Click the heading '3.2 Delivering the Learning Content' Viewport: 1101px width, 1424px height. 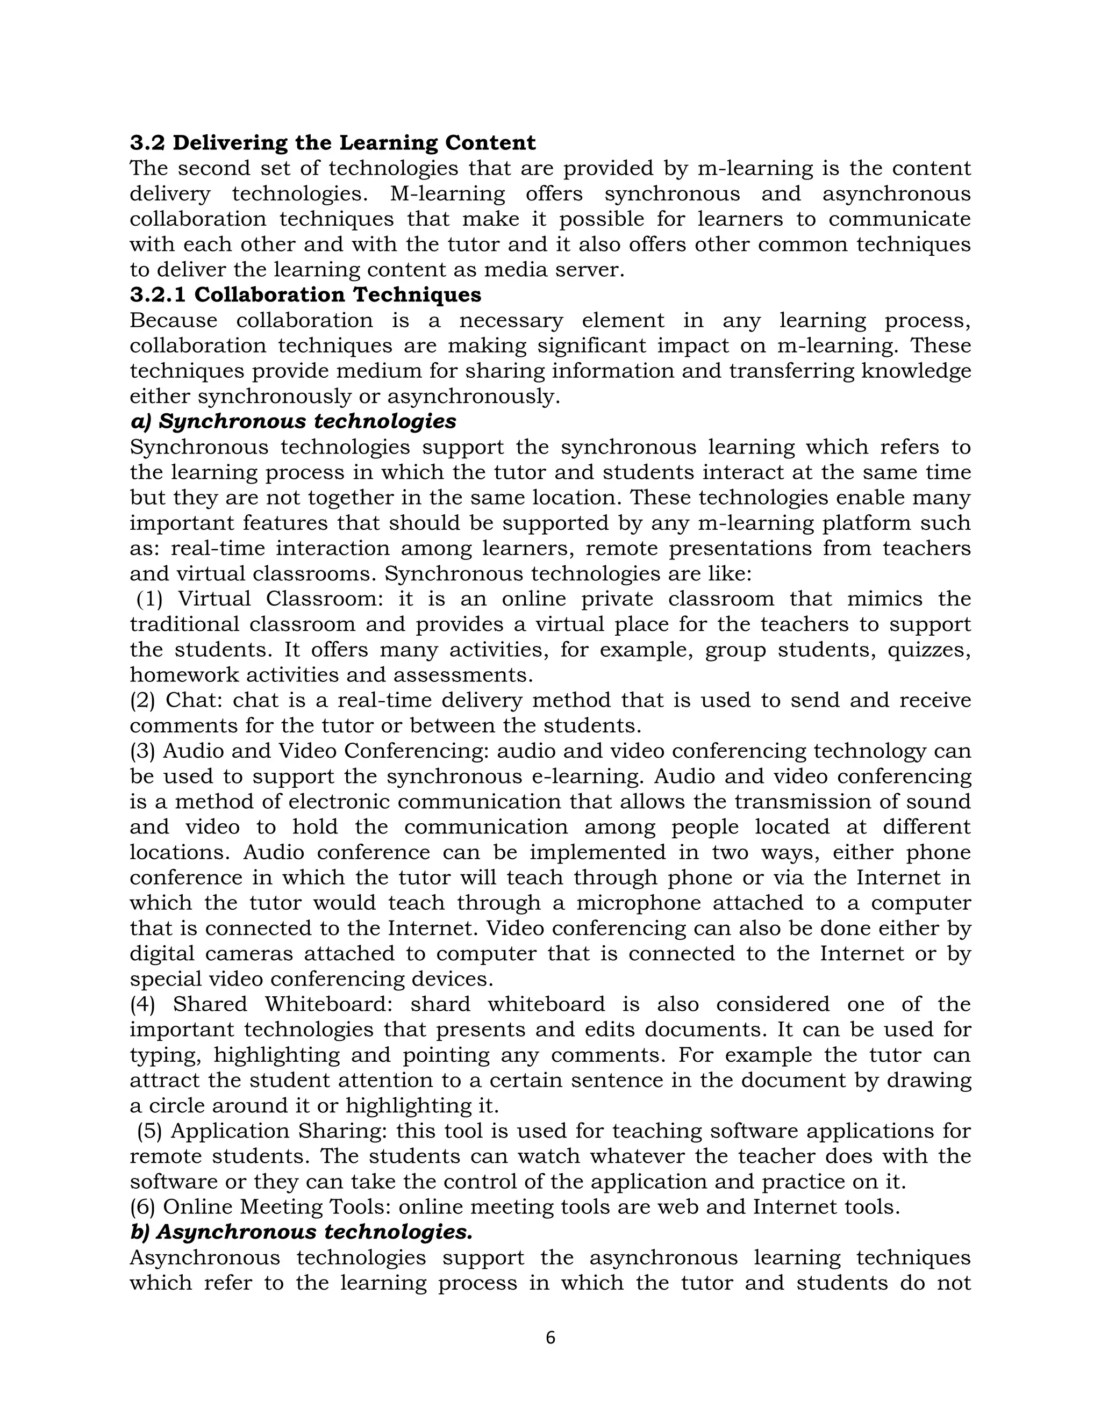[333, 143]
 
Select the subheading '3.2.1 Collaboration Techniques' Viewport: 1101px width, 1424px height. [305, 294]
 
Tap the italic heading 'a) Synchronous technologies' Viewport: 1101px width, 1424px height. [293, 421]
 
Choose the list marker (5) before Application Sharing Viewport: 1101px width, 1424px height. [149, 1131]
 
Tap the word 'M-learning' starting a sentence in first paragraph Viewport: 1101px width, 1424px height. [447, 193]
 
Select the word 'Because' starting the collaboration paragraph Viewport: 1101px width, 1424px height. [173, 320]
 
